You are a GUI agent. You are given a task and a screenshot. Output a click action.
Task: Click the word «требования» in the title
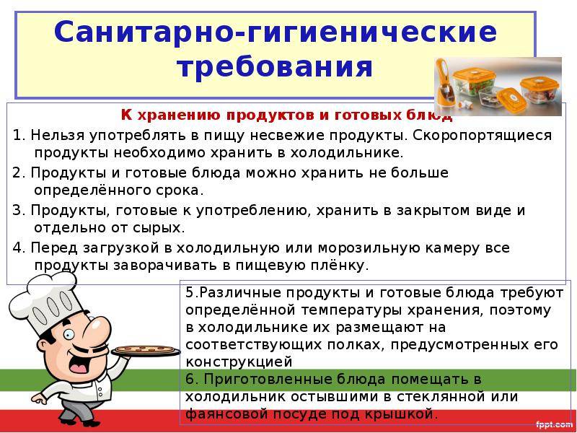275,67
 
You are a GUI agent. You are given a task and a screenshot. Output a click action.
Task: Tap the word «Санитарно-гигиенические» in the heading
276,32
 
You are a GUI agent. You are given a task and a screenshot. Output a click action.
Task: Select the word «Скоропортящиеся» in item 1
482,136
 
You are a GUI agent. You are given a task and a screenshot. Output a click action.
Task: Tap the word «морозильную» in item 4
369,248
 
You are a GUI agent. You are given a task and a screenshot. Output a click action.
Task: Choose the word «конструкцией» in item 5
239,362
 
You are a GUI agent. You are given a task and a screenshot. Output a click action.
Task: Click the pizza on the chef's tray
146,349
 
